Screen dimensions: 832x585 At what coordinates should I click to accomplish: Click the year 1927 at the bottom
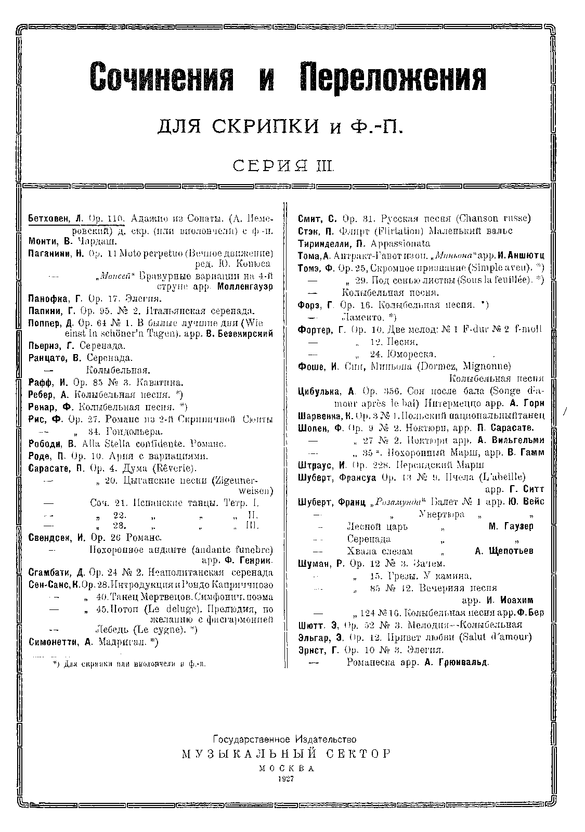pos(286,778)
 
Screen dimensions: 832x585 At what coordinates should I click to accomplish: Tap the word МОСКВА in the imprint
pos(286,767)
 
